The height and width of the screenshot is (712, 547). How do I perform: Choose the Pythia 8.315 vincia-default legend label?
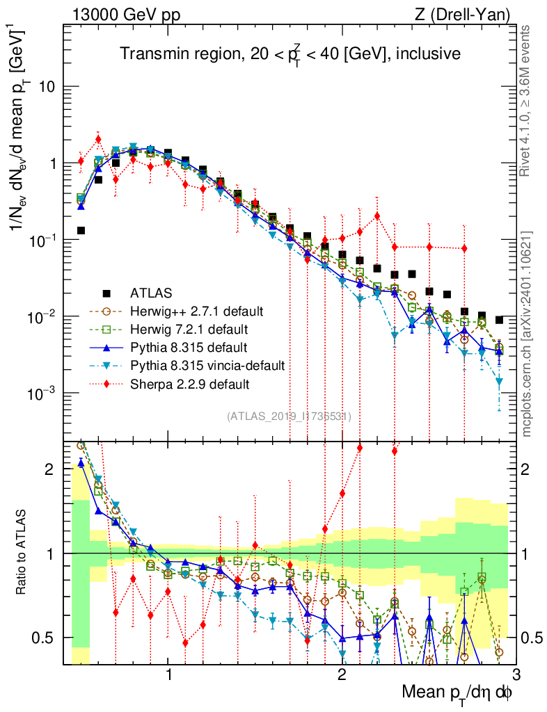(x=207, y=365)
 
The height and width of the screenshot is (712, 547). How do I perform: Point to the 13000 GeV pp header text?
(x=125, y=14)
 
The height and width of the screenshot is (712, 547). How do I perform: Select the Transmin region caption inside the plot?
(x=290, y=53)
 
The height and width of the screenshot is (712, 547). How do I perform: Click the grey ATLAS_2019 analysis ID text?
(x=289, y=416)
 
